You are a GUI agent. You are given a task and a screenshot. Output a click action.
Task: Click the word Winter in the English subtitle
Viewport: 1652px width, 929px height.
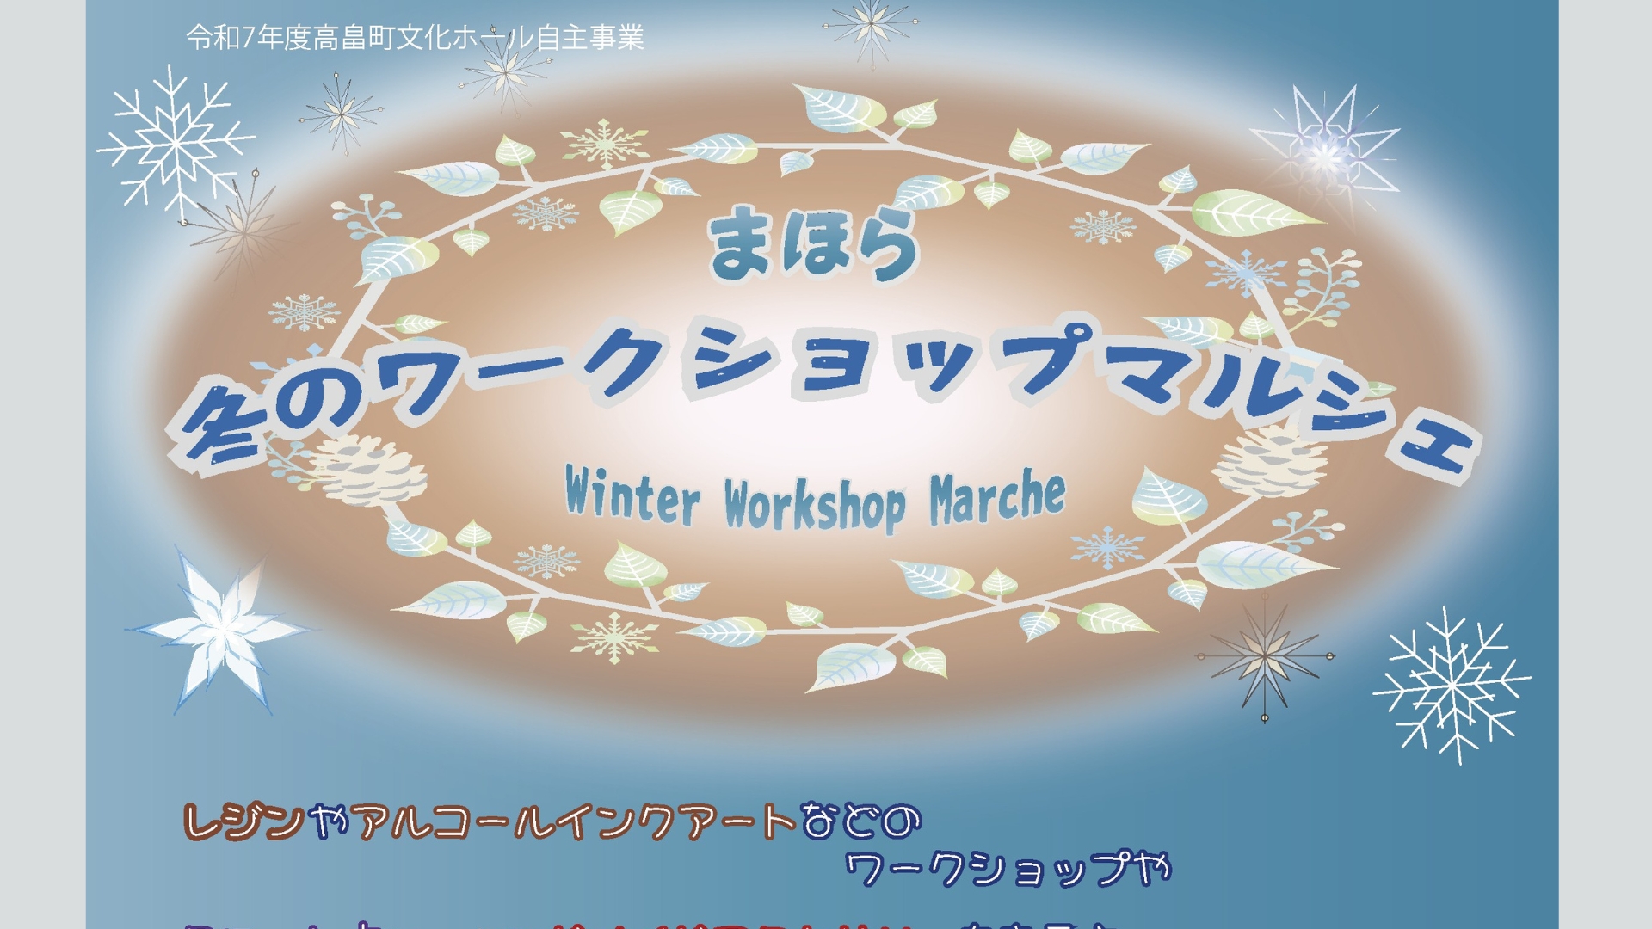[632, 497]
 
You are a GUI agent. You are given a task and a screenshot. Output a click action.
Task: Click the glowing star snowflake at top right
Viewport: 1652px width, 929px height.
[1325, 151]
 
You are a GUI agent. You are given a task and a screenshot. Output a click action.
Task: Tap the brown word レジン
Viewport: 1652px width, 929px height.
[244, 821]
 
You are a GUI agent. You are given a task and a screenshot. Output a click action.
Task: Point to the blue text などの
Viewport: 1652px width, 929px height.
[860, 821]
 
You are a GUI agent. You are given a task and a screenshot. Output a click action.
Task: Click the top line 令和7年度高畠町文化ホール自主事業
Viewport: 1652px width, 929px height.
[415, 38]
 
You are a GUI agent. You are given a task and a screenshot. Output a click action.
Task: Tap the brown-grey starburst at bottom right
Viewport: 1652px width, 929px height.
[1264, 656]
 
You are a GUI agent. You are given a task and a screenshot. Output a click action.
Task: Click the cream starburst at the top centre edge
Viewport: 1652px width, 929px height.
[871, 29]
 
